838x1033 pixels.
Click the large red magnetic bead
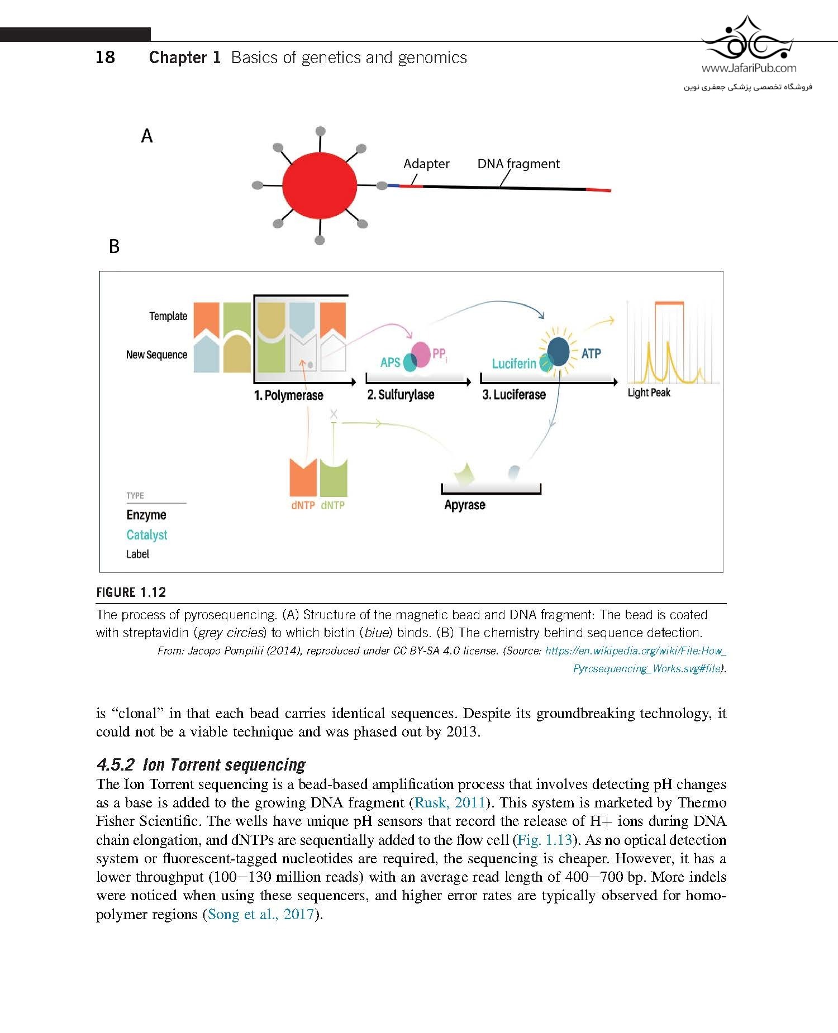[320, 185]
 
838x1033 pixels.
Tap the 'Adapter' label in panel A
[426, 164]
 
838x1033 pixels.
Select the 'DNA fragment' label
[518, 164]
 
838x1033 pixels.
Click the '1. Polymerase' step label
[288, 395]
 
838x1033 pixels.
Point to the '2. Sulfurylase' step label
[401, 395]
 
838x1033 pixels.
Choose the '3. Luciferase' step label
[514, 395]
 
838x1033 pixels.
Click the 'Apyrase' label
[465, 505]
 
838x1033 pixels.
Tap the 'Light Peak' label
[649, 393]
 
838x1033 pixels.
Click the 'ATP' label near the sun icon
[591, 353]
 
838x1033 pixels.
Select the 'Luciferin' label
[514, 364]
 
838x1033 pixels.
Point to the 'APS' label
[390, 362]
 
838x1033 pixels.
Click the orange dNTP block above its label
[303, 477]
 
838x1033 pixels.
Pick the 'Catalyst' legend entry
[146, 535]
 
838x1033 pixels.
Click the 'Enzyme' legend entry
[146, 515]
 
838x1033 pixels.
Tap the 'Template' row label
[168, 316]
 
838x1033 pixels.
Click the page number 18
[105, 57]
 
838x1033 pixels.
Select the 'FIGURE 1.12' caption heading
[131, 592]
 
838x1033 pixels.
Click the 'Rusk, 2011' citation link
[450, 802]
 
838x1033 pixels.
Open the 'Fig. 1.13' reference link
[545, 840]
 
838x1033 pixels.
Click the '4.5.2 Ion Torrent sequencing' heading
[201, 764]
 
